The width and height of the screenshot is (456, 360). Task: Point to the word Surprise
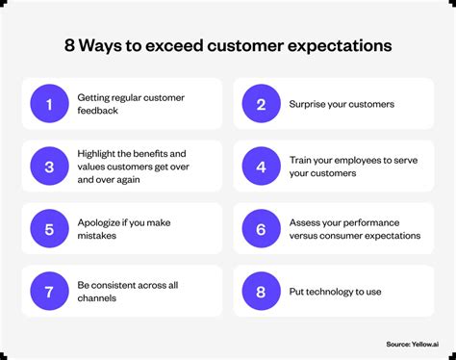(310, 104)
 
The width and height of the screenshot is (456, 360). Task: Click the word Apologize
(100, 222)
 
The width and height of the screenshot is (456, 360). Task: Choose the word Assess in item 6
(305, 222)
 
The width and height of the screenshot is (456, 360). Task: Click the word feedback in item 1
(99, 111)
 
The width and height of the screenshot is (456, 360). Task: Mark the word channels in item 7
(99, 297)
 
